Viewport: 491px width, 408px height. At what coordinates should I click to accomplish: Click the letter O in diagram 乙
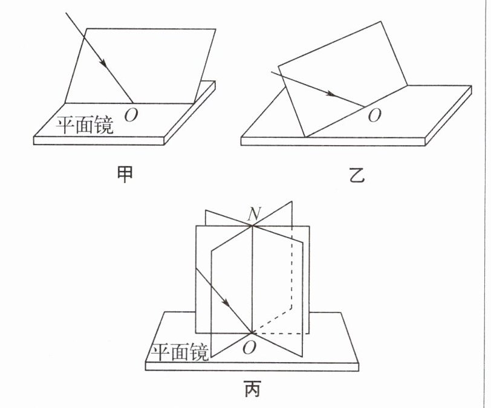pos(375,115)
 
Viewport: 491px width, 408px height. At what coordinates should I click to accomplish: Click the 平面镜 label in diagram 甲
pos(88,125)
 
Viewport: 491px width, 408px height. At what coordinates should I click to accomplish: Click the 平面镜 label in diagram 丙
pos(180,352)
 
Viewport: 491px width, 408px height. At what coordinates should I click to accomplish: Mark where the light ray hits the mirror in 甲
pos(132,103)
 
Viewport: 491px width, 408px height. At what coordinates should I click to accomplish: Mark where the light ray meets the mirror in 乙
pos(365,107)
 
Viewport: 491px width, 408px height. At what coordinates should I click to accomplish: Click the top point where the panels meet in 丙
pos(250,226)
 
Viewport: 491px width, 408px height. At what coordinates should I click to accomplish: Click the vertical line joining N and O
pos(250,278)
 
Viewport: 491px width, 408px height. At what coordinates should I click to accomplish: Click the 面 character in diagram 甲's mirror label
pos(88,125)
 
